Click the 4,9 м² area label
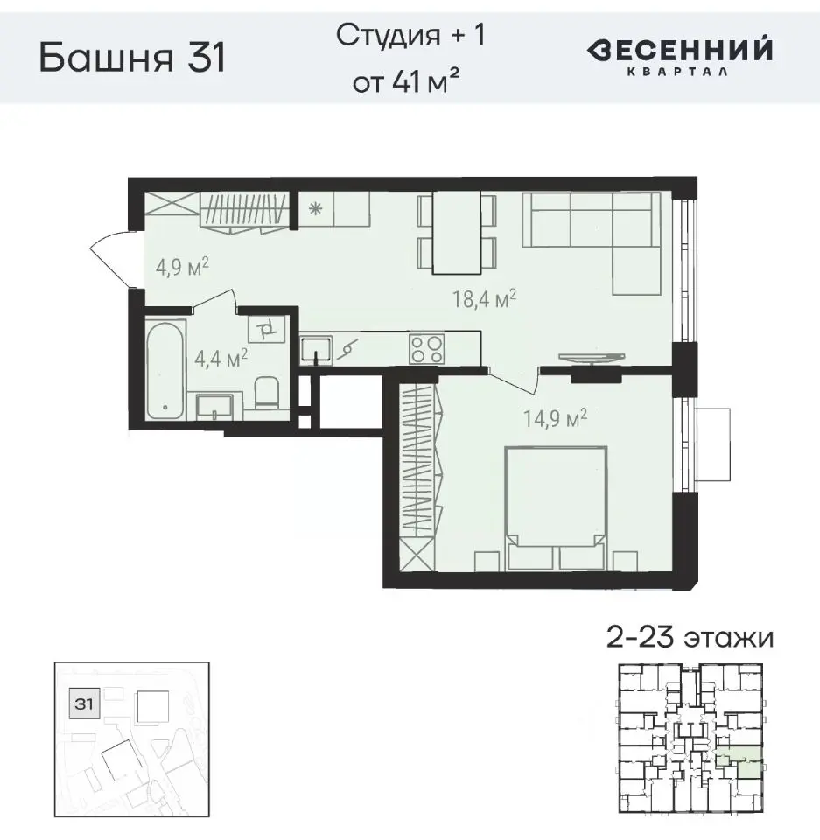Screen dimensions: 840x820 tap(182, 266)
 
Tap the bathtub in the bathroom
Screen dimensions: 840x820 tap(165, 368)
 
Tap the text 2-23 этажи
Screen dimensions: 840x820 tap(690, 636)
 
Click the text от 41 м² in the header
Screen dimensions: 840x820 tap(406, 83)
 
